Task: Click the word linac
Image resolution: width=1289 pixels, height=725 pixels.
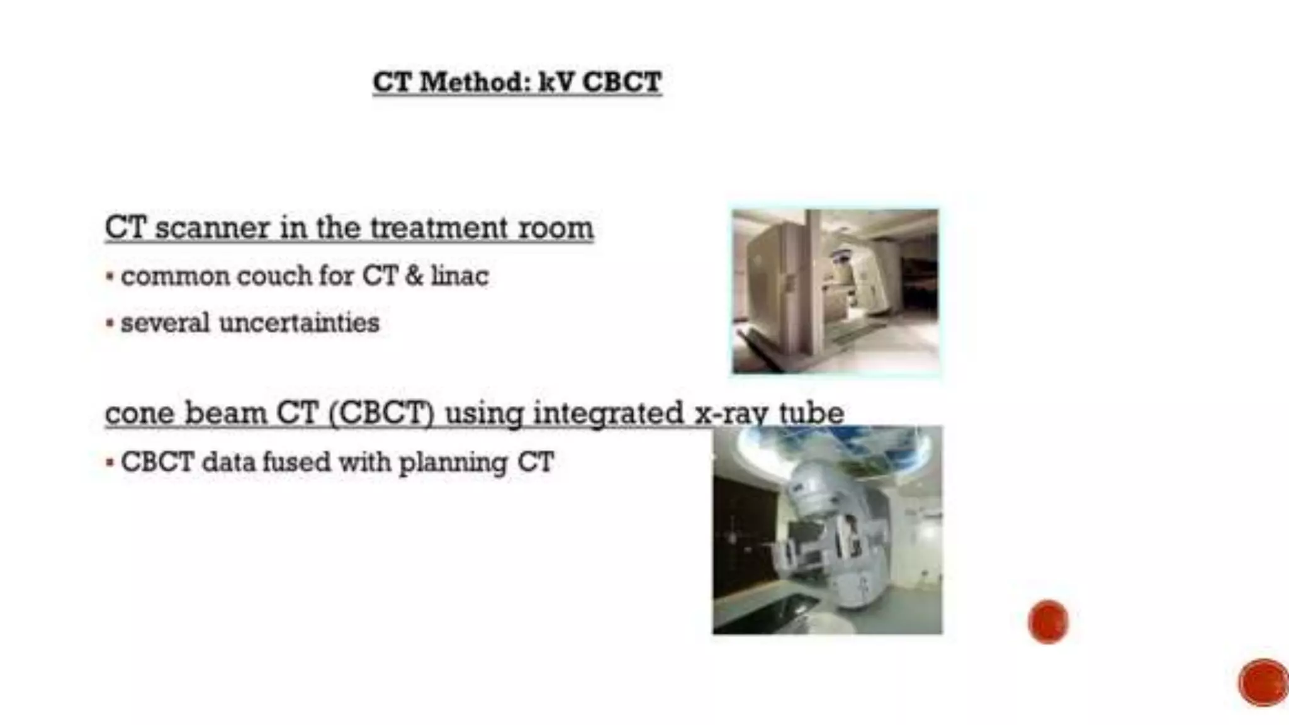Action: pyautogui.click(x=459, y=276)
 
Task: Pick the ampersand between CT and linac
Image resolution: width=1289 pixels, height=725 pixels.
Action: pyautogui.click(x=414, y=276)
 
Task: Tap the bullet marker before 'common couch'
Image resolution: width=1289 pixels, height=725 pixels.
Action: pyautogui.click(x=110, y=276)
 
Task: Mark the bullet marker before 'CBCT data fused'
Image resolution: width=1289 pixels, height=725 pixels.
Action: pyautogui.click(x=110, y=463)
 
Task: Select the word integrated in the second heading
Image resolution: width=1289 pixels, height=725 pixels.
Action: pyautogui.click(x=608, y=413)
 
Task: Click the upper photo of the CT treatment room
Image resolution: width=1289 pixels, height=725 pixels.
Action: pyautogui.click(x=835, y=291)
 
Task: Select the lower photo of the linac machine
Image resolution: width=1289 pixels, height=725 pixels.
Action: pyautogui.click(x=827, y=530)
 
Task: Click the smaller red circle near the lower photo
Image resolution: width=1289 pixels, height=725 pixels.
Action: pyautogui.click(x=1048, y=622)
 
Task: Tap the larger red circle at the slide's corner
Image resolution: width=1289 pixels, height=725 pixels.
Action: pyautogui.click(x=1263, y=683)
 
